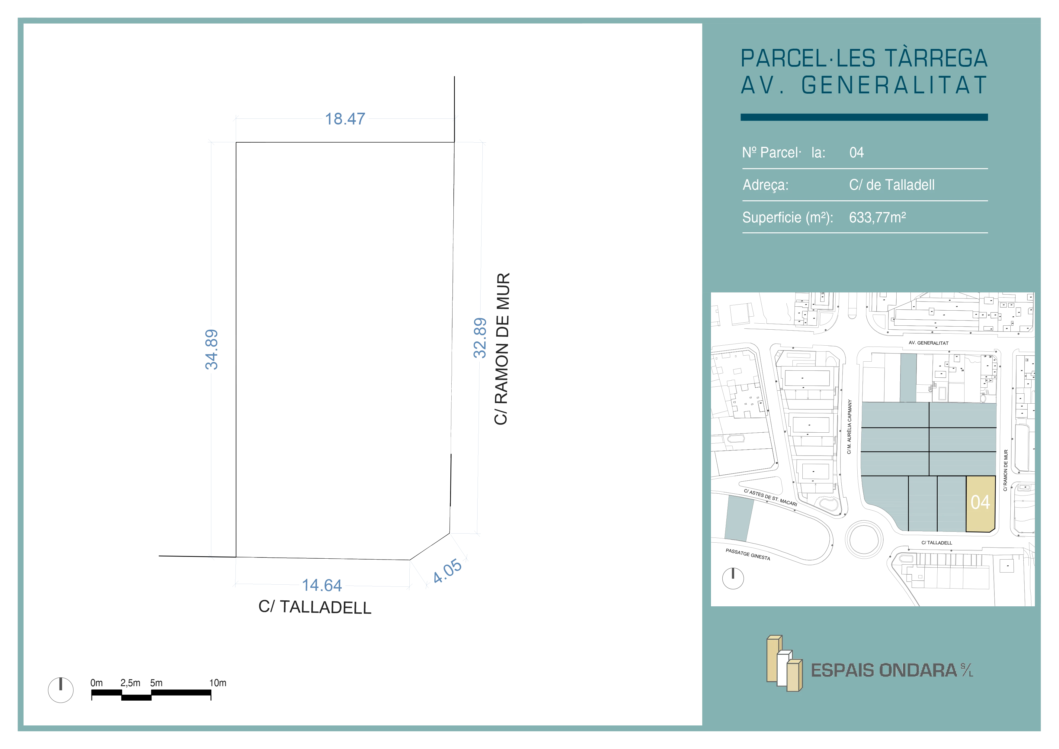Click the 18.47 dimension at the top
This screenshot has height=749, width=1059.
(345, 119)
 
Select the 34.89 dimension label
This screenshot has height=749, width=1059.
(211, 349)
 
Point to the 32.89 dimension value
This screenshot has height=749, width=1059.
(480, 338)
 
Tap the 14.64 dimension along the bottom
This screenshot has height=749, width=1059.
(322, 585)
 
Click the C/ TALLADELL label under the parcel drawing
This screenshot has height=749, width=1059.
(315, 607)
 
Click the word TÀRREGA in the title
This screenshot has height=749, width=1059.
(936, 59)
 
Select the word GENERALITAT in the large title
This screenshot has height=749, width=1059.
(894, 86)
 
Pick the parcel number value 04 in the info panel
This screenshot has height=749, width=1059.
(856, 153)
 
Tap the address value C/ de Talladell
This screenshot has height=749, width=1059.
(891, 185)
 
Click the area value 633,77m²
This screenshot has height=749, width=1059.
(877, 217)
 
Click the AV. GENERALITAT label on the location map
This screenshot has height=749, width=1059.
(929, 343)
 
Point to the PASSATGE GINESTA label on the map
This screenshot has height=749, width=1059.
(748, 554)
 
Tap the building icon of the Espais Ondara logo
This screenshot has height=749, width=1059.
(784, 663)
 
